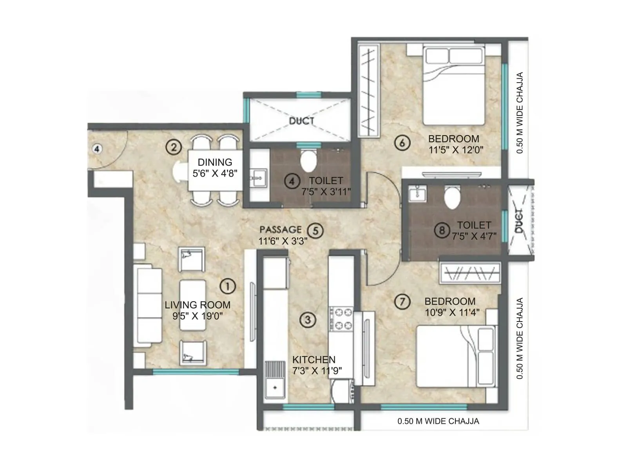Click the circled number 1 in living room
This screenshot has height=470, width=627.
228,286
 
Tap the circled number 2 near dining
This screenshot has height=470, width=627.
174,147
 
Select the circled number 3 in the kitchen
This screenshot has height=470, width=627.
308,320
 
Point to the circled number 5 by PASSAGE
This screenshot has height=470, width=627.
315,231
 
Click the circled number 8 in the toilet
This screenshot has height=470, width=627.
442,230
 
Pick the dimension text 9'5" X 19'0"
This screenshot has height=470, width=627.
198,316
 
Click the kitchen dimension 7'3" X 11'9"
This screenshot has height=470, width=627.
317,371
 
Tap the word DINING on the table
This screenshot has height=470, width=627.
215,162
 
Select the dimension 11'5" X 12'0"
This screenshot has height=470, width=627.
456,150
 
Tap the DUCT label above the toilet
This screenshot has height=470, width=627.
301,121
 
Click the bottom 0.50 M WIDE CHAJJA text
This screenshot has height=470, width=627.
438,421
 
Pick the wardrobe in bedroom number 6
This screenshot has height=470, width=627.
369,91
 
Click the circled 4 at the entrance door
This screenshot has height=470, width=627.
97,149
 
